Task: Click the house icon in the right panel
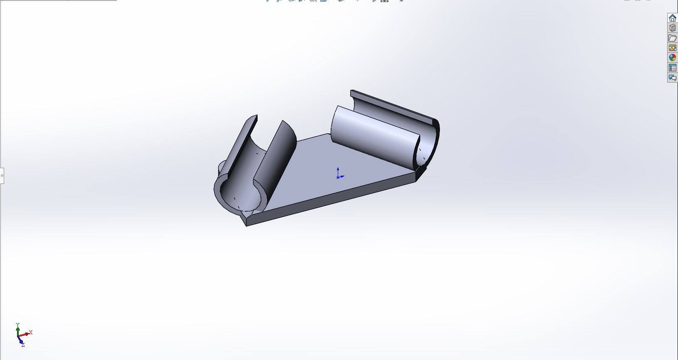tap(672, 18)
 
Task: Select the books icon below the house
tap(672, 28)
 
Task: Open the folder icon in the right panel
tap(672, 38)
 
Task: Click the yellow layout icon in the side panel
tap(672, 48)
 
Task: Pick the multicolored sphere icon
tap(672, 57)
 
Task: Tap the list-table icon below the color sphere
tap(672, 68)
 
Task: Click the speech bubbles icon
tap(672, 78)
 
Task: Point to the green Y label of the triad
tap(17, 325)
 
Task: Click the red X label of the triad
tap(31, 332)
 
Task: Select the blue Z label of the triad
tap(23, 345)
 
